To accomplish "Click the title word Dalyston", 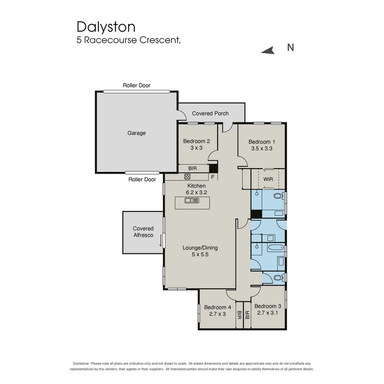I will coord(106,27).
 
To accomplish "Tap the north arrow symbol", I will coord(268,51).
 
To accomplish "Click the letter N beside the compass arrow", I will coord(290,47).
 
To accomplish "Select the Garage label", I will coord(137,133).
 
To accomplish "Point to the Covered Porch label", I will coord(210,113).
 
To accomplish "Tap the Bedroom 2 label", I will coord(196,141).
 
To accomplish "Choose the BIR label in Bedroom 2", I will coord(192,168).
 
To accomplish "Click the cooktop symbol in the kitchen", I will coord(187,176).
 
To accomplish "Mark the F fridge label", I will coord(213,177).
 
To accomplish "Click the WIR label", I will coord(268,179).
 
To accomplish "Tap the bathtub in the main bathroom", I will coord(276,247).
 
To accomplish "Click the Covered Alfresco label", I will coord(143,232).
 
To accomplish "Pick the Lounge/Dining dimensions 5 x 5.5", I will coord(200,254).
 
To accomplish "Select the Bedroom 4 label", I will coord(218,307).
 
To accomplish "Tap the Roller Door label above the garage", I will coord(137,85).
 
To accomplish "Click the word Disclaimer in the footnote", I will coord(81,363).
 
